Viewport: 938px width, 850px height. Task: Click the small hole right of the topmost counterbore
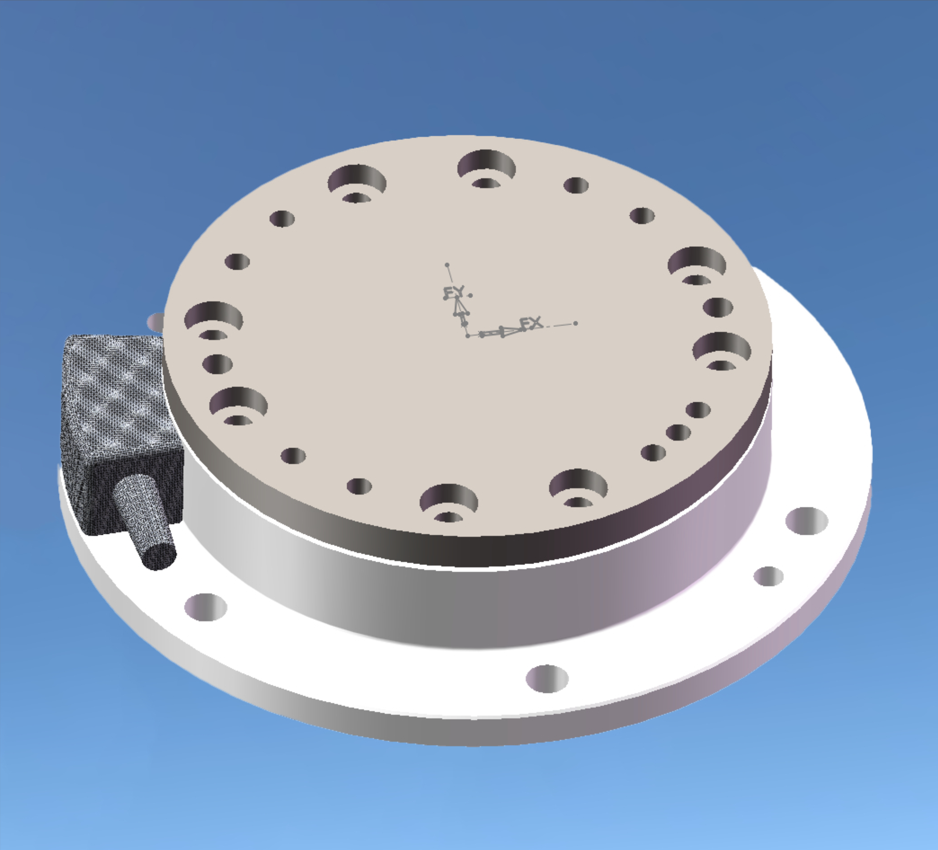(x=576, y=185)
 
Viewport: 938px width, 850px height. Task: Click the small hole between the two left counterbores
(x=217, y=364)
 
